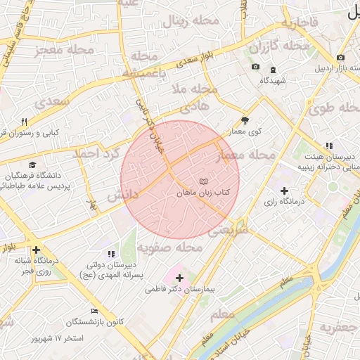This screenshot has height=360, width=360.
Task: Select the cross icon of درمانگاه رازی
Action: click(284, 191)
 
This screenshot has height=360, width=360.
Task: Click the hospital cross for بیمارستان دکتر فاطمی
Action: click(179, 278)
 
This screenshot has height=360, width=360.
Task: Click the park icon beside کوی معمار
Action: click(245, 120)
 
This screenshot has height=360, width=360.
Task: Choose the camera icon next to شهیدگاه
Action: click(255, 67)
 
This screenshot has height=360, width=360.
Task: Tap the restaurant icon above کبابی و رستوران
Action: click(25, 121)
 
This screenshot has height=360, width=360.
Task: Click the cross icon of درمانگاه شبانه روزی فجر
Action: click(36, 249)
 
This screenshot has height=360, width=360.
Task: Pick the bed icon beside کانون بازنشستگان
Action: click(94, 311)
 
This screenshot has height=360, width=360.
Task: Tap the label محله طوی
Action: click(330, 109)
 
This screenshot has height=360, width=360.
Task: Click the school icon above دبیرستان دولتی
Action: click(110, 253)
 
